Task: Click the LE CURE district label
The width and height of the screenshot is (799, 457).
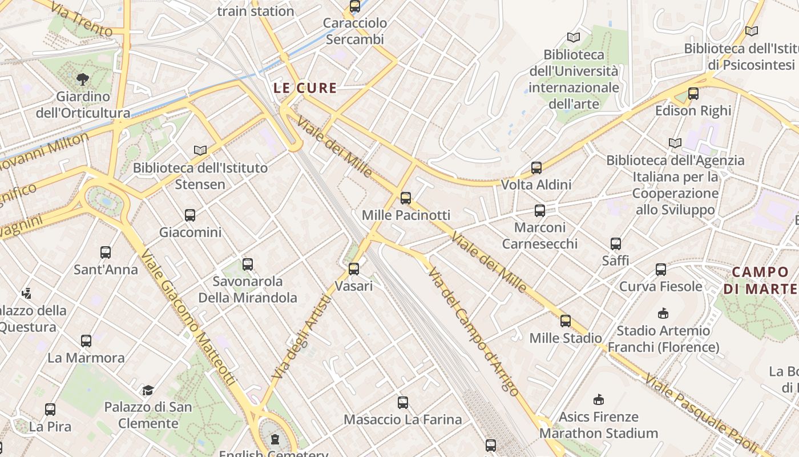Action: (x=305, y=88)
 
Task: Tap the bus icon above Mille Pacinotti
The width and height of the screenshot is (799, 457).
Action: (x=405, y=198)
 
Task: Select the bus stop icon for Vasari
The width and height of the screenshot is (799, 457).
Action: (x=354, y=268)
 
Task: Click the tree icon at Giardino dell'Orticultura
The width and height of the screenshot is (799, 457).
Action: (x=83, y=79)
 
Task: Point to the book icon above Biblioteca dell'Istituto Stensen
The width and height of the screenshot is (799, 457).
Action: (x=200, y=150)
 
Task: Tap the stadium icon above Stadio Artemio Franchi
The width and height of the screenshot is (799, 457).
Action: (x=663, y=313)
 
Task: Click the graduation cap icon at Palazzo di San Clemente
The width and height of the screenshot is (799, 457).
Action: (x=148, y=390)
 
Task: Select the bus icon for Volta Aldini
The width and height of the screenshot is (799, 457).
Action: (x=536, y=168)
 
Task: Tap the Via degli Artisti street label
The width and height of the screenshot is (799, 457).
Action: (x=301, y=337)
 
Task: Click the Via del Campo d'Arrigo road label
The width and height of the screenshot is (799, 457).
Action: (x=473, y=331)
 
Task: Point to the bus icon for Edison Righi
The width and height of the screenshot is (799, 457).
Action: (x=693, y=94)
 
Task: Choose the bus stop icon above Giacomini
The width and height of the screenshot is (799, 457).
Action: (x=190, y=215)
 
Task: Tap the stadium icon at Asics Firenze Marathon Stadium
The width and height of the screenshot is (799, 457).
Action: (x=599, y=399)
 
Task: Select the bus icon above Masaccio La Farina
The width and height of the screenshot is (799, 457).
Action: (x=403, y=403)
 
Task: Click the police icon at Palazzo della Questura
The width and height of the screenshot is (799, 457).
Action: (x=26, y=294)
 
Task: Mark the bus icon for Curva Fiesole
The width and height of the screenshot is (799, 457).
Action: (x=660, y=269)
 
